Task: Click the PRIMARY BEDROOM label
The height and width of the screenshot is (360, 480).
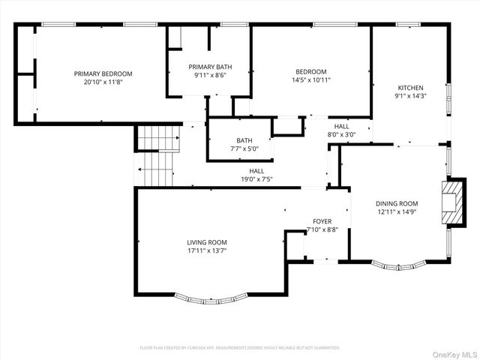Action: pos(103,73)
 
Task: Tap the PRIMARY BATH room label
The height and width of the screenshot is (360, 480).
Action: pos(208,67)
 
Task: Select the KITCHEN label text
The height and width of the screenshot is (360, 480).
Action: pos(410,88)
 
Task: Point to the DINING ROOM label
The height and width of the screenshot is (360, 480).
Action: pos(397,203)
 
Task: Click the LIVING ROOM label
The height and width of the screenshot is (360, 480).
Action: pos(206,242)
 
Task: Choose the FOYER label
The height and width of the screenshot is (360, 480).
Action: pos(322,221)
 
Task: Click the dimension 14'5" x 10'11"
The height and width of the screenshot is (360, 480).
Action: pos(310,79)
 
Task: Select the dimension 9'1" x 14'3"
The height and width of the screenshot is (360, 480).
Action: pos(410,96)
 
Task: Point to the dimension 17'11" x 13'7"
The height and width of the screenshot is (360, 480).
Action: pos(206,250)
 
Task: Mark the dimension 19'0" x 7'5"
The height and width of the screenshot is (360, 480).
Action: pos(256,179)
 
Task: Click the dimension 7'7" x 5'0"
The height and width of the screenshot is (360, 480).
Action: pos(244,148)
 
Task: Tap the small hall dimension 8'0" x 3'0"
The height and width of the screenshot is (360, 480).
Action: pos(341,134)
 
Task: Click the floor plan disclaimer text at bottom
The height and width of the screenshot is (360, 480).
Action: pos(240,348)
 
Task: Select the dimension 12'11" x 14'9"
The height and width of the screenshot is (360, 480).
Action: pos(397,211)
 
